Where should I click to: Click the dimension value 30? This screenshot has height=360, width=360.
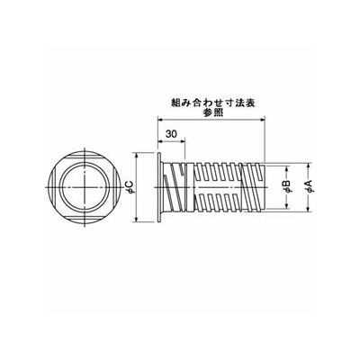click(x=171, y=134)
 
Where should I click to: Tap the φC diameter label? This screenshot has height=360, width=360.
click(x=130, y=187)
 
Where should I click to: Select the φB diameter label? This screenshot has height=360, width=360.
click(x=287, y=186)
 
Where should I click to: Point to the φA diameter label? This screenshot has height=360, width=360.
click(x=309, y=186)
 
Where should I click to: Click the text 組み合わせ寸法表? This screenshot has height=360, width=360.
click(x=212, y=103)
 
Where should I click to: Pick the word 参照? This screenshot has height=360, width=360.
click(x=212, y=113)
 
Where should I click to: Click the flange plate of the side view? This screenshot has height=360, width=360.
click(x=159, y=188)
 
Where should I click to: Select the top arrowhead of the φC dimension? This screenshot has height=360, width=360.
click(x=137, y=156)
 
